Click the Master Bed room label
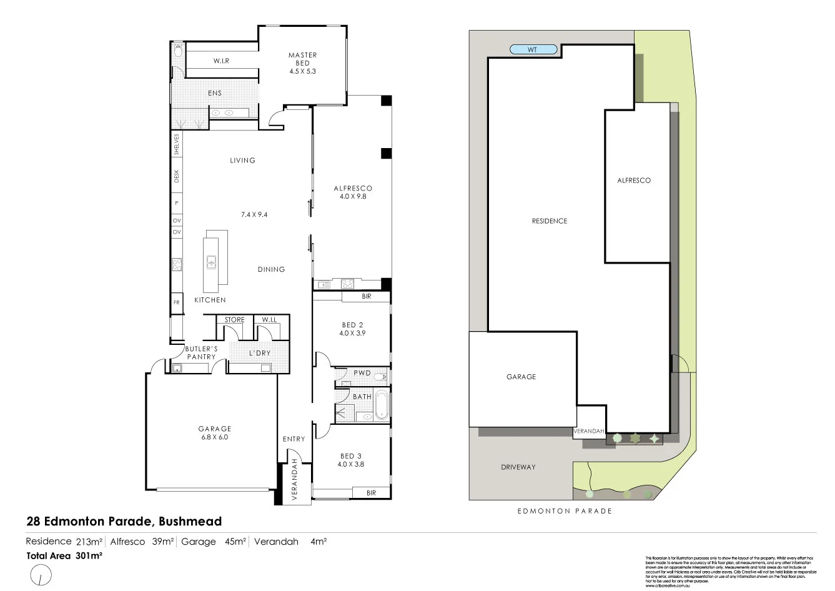302,59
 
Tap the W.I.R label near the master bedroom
221,61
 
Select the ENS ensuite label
215,93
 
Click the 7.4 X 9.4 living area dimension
254,214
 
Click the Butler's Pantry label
201,352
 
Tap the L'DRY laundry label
260,353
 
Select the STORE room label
234,320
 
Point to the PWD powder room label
362,373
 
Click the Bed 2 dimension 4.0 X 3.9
352,334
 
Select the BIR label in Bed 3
371,493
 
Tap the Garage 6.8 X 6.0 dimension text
215,437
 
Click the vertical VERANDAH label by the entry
294,479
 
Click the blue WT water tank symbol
532,49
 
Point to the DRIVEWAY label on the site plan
518,467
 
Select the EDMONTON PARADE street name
565,511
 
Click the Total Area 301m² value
89,555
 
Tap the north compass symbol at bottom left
40,575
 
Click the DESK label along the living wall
177,177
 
